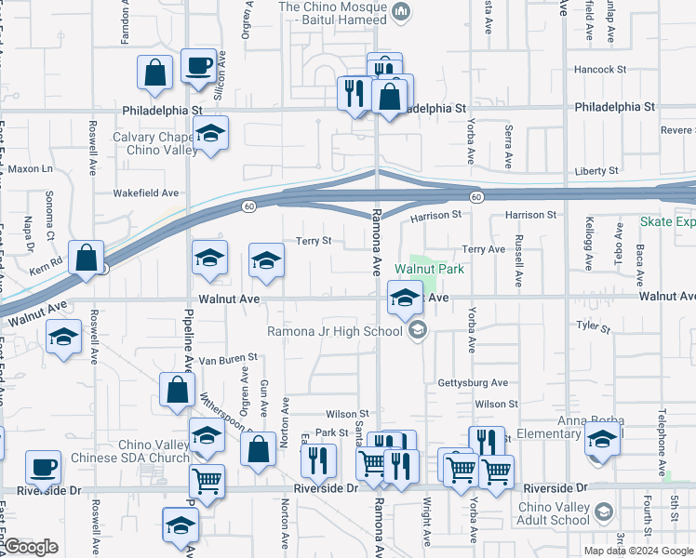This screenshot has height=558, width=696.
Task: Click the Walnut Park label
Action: [x=428, y=269]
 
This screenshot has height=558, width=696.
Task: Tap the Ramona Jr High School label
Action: [x=335, y=331]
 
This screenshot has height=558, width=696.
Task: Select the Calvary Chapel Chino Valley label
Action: [x=154, y=143]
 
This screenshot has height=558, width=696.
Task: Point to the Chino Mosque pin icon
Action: [x=401, y=10]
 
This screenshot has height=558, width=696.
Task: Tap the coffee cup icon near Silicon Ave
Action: [x=198, y=67]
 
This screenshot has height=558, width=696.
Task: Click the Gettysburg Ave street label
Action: [x=473, y=382]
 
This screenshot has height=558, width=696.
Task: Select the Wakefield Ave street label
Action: [x=145, y=193]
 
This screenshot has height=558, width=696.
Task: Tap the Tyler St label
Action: [x=593, y=327]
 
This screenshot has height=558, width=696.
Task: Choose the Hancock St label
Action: [x=600, y=70]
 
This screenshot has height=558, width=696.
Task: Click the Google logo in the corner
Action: [x=31, y=547]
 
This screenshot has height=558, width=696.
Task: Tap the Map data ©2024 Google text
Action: [x=638, y=550]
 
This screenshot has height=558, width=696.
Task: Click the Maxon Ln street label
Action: [x=33, y=169]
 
